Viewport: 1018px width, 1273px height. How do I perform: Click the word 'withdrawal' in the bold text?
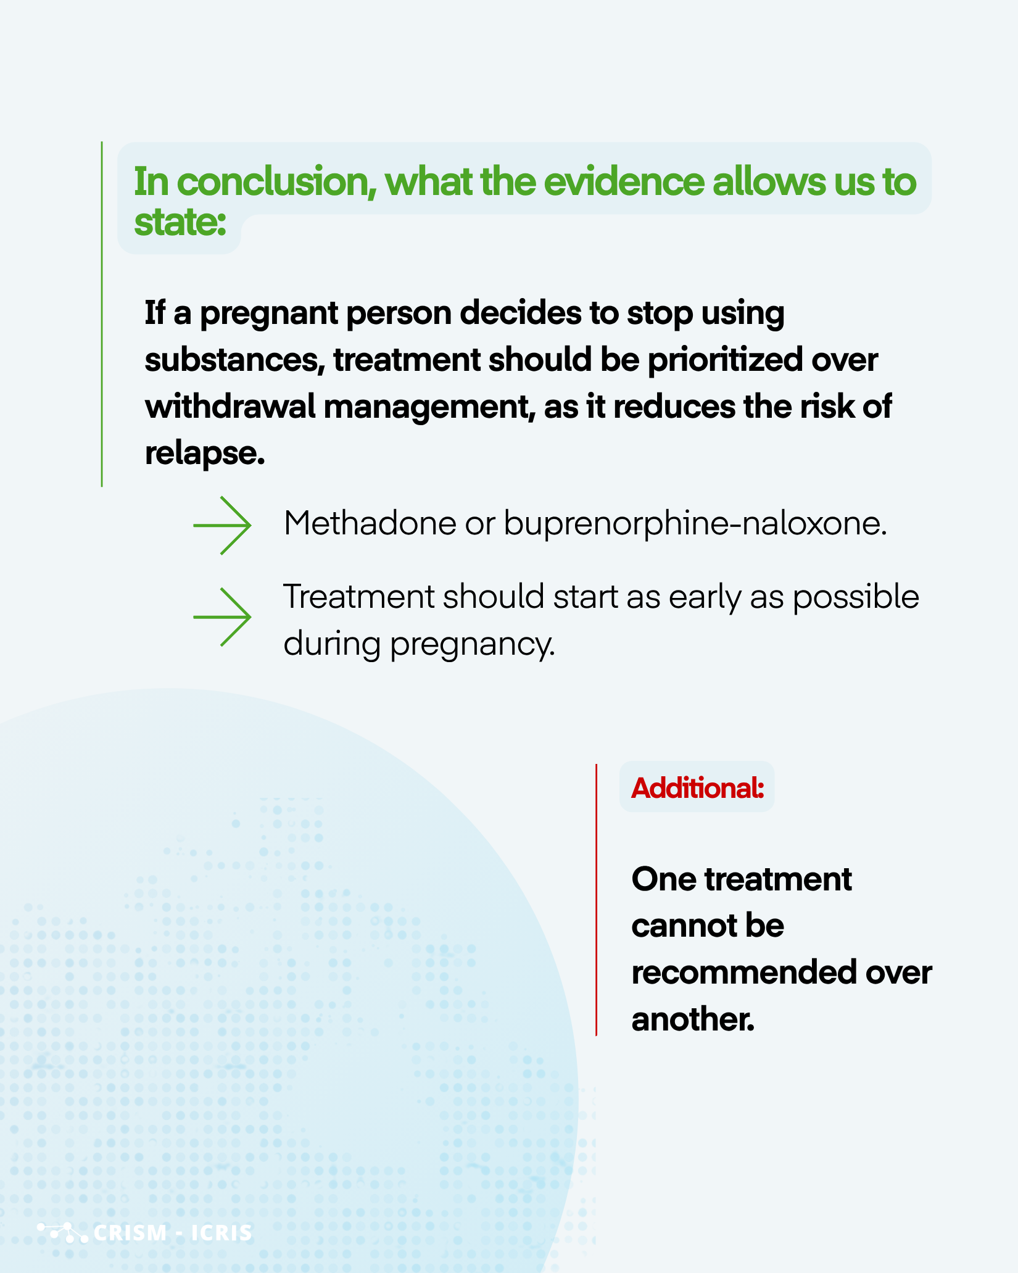(230, 407)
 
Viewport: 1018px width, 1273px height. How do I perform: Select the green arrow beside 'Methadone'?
(222, 526)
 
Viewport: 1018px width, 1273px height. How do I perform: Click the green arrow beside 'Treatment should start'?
(222, 617)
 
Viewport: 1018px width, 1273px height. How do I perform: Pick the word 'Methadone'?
(370, 523)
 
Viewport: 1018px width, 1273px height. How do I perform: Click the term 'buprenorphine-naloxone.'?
(695, 525)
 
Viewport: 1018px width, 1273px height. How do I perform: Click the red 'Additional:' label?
(697, 788)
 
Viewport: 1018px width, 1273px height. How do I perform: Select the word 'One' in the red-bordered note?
(663, 879)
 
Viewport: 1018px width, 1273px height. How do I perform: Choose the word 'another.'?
(693, 1019)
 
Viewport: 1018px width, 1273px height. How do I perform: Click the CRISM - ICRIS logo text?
(173, 1233)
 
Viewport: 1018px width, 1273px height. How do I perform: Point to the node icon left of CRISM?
(63, 1232)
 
